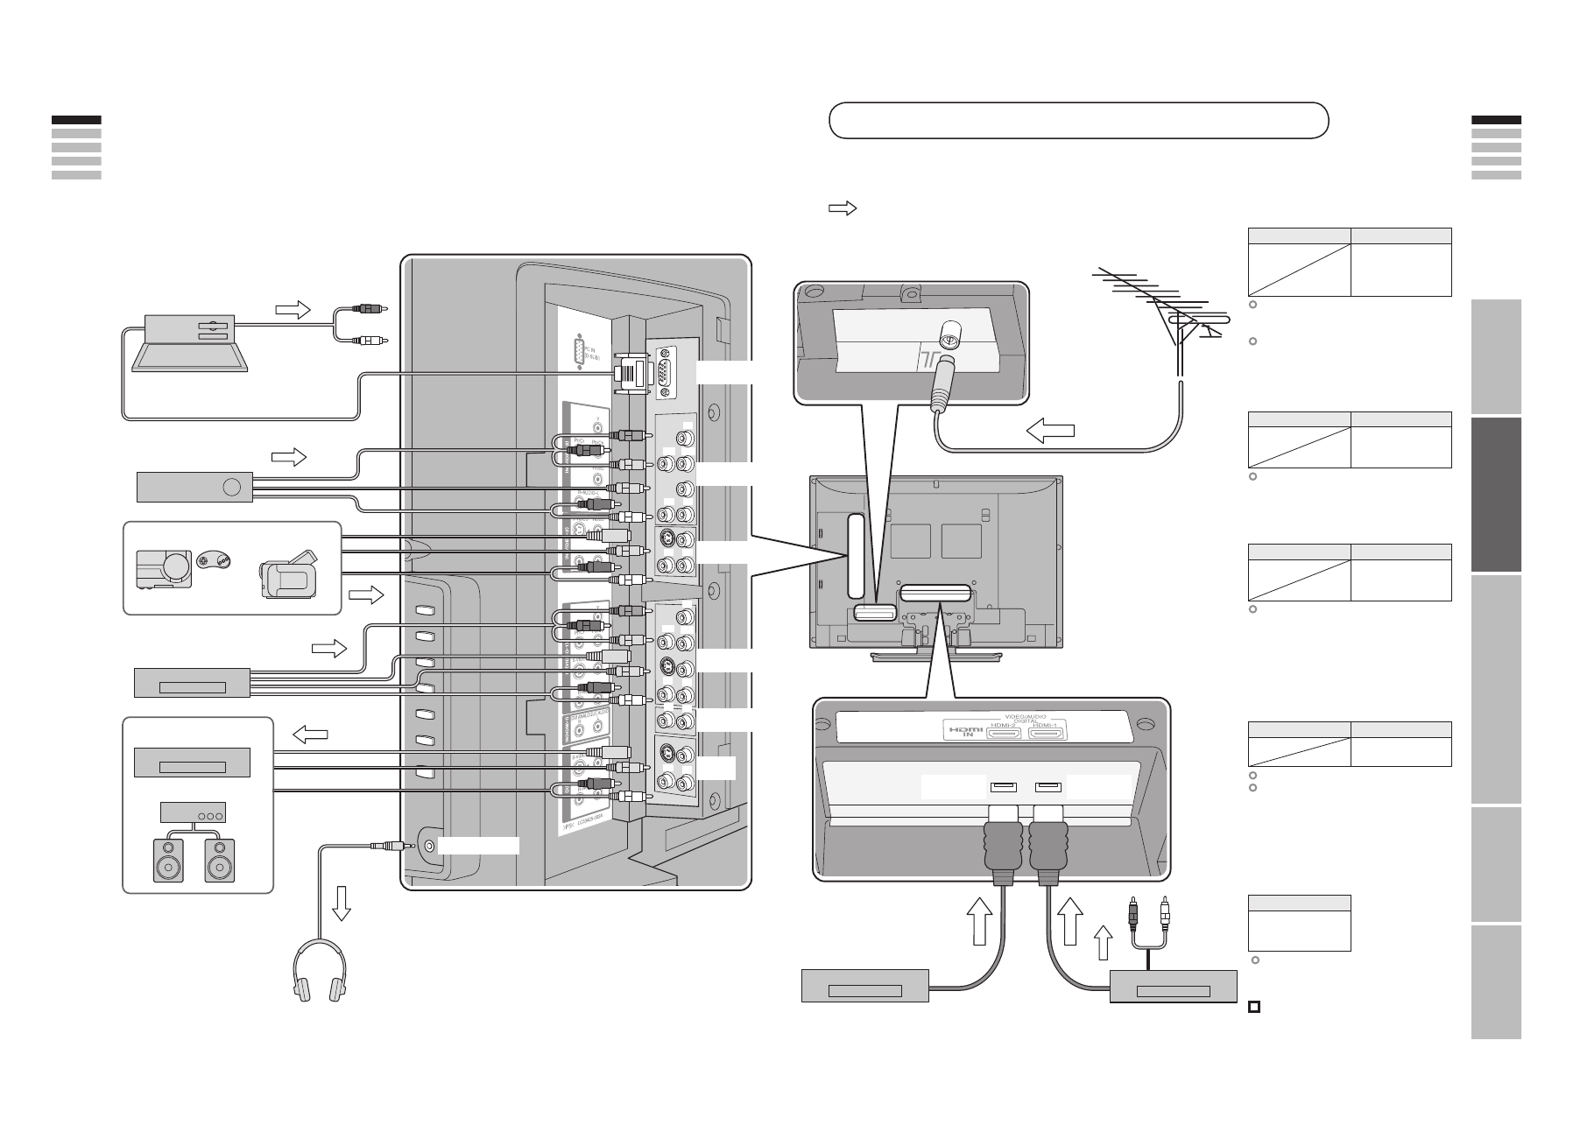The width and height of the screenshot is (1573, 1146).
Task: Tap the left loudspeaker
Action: [x=168, y=860]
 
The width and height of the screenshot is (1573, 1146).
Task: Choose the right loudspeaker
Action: [x=220, y=860]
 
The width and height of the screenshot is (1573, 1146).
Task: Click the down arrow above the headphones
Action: [x=342, y=903]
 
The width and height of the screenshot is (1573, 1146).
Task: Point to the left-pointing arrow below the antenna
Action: [x=1049, y=430]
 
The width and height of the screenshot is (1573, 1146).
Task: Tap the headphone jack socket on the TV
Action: [x=429, y=846]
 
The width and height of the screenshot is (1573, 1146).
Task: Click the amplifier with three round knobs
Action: [x=193, y=812]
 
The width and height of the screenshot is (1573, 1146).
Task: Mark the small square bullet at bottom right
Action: [x=1253, y=1008]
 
